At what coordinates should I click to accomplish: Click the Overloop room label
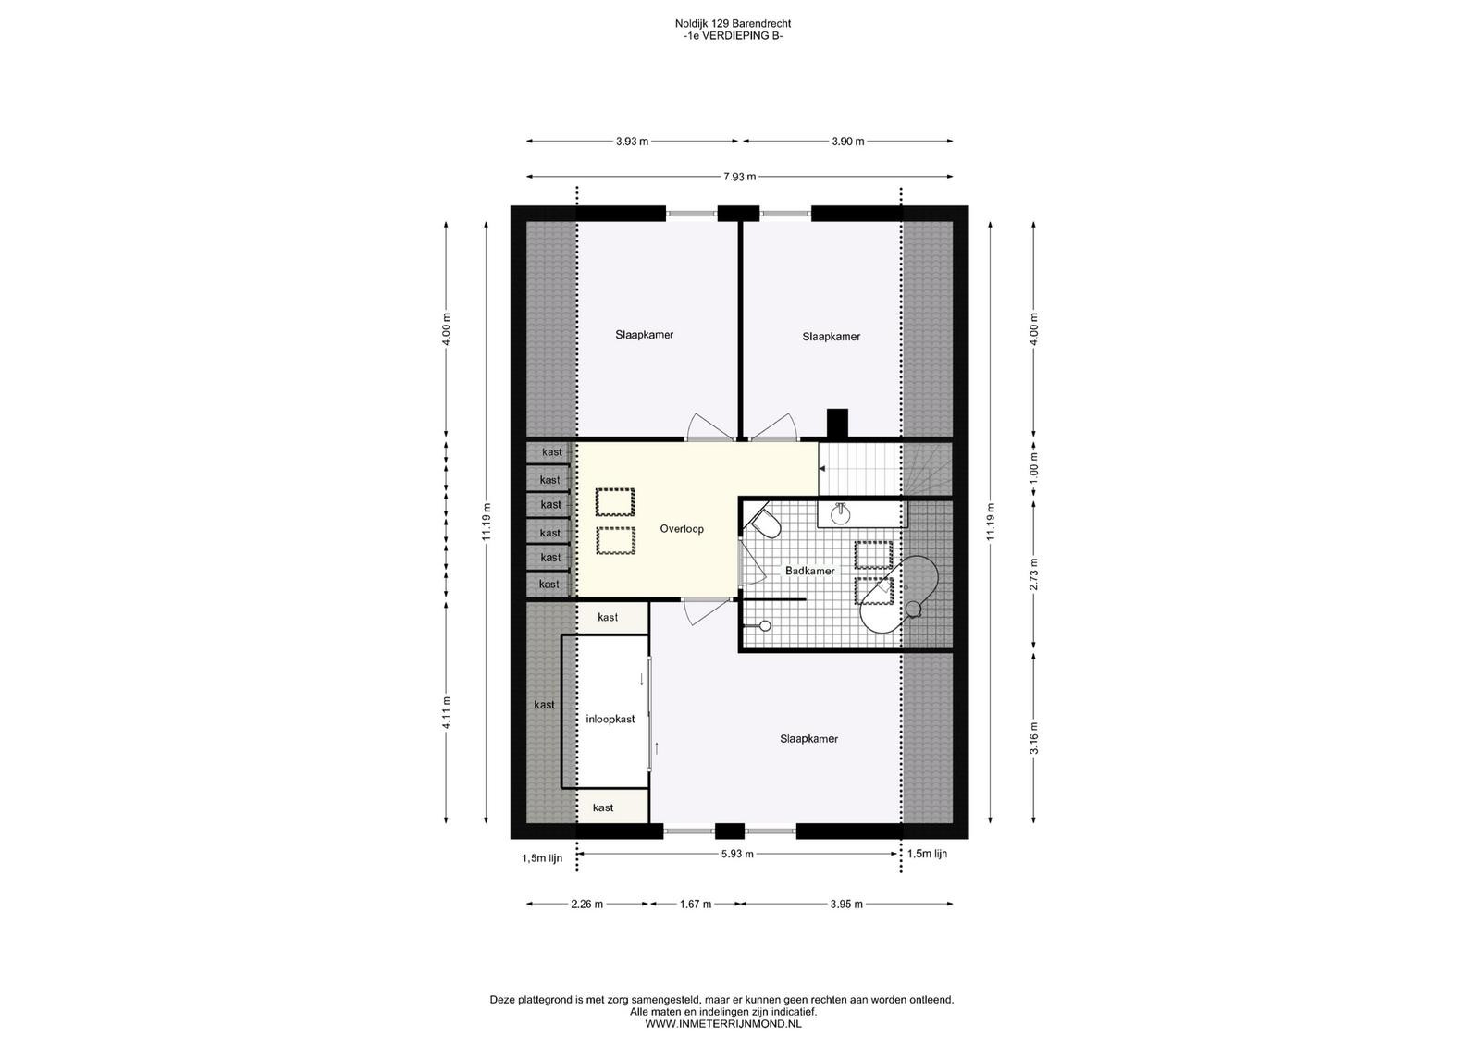coord(682,529)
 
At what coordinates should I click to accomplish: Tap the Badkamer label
coord(809,571)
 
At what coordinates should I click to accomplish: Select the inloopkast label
coord(610,720)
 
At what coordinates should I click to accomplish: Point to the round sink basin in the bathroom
coord(841,514)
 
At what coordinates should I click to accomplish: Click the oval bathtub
coord(898,595)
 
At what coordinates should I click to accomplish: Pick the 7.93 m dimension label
coord(739,177)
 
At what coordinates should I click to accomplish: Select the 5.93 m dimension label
coord(737,854)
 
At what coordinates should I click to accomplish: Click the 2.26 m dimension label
coord(586,905)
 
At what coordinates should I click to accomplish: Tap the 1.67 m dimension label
coord(695,905)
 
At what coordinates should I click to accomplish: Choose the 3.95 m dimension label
coord(846,905)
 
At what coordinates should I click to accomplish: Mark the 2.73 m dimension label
coord(1034,574)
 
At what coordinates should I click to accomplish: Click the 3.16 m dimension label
coord(1034,738)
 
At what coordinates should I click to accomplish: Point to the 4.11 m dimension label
coord(447,713)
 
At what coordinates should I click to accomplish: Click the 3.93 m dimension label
coord(633,142)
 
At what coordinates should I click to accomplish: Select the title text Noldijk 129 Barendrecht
coord(733,24)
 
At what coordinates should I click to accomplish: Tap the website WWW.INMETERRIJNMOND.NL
coord(722,1024)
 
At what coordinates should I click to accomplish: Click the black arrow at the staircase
coord(822,468)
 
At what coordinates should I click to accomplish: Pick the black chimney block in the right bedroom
coord(838,424)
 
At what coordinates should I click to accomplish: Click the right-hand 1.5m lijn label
coord(927,854)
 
